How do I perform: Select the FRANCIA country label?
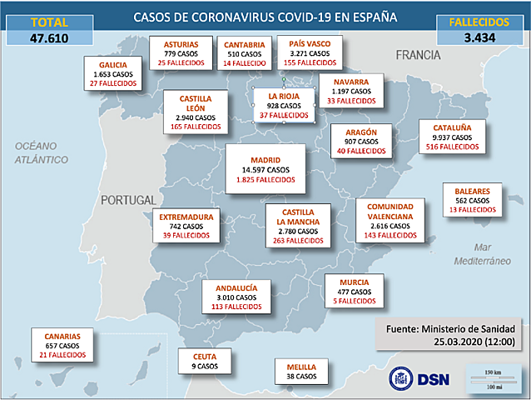417,55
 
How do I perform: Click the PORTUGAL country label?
127,200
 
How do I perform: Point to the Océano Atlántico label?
40,152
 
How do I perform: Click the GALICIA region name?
113,64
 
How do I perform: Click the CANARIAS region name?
62,336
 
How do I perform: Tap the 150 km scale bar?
492,374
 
